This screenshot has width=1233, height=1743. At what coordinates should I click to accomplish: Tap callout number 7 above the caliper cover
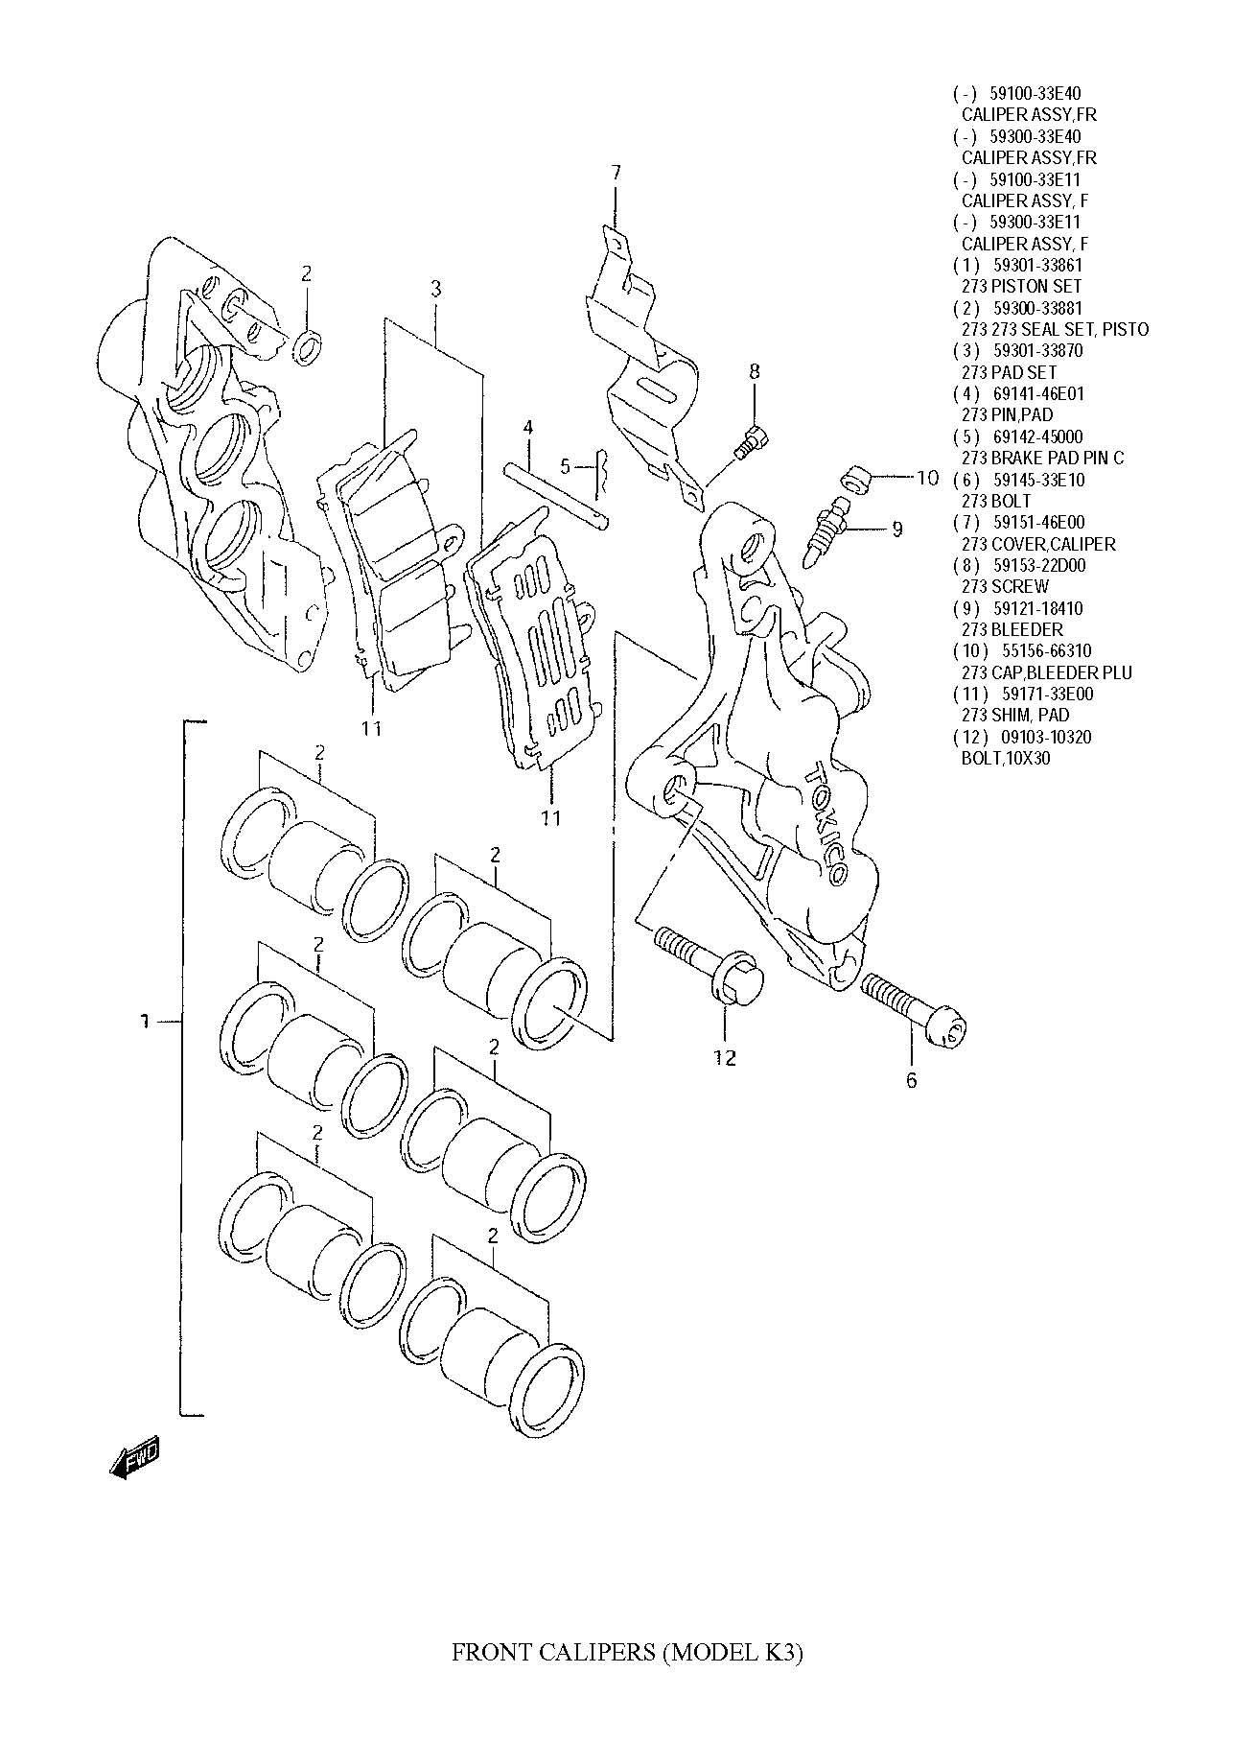[616, 174]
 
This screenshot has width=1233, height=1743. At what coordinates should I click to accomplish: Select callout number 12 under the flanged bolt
[725, 1057]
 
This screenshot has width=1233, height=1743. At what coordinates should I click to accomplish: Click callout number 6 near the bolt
[911, 1080]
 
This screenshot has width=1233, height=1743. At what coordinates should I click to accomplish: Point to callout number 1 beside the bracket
[144, 1023]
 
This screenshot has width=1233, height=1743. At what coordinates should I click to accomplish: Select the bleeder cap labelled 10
[855, 478]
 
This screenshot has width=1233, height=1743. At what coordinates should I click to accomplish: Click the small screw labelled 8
[749, 440]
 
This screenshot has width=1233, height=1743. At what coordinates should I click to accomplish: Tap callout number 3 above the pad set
[435, 288]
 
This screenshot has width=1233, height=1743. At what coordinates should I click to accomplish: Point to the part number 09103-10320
[1039, 737]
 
